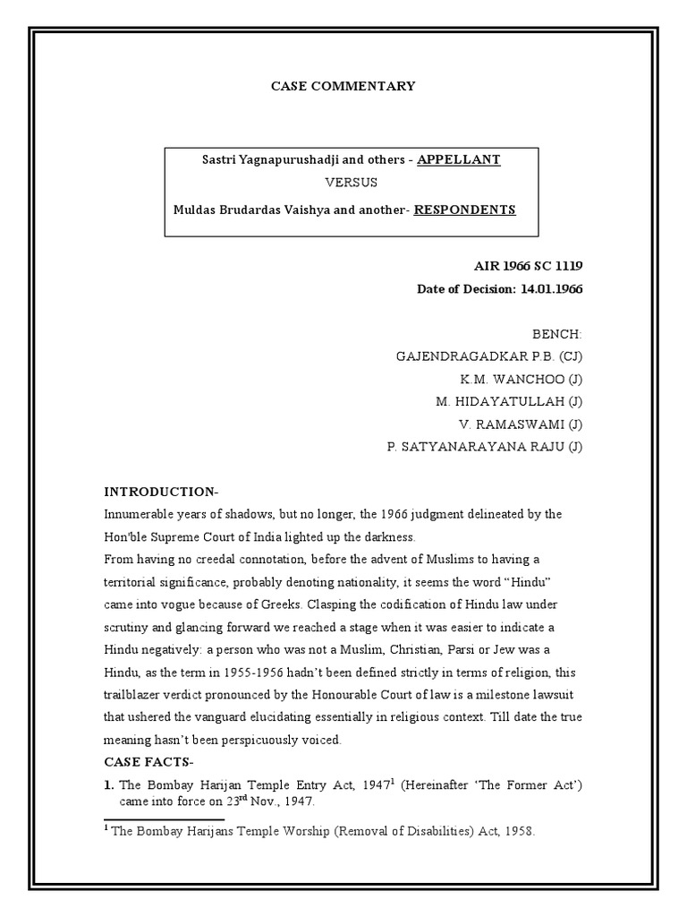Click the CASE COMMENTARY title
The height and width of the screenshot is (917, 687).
tap(343, 86)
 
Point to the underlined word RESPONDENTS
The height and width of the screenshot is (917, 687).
tap(465, 210)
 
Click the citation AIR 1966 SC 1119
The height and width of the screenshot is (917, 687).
tap(528, 267)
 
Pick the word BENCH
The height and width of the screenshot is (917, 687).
tap(556, 334)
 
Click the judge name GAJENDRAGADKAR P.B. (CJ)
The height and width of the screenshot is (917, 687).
tap(489, 356)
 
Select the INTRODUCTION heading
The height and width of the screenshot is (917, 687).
tap(161, 492)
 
